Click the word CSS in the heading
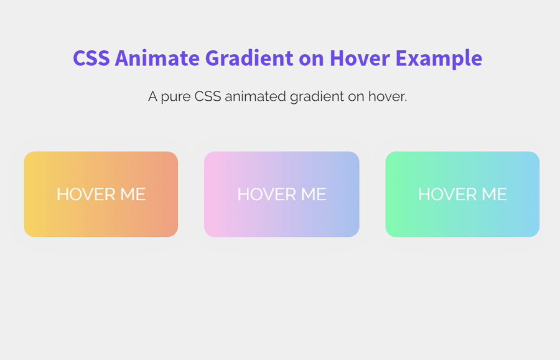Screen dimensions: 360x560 coord(91,58)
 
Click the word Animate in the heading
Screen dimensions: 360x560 coord(158,58)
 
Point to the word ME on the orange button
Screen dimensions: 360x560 coord(133,195)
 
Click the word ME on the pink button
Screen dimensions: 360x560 coord(314,195)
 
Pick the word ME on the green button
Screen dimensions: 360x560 coord(495,195)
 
